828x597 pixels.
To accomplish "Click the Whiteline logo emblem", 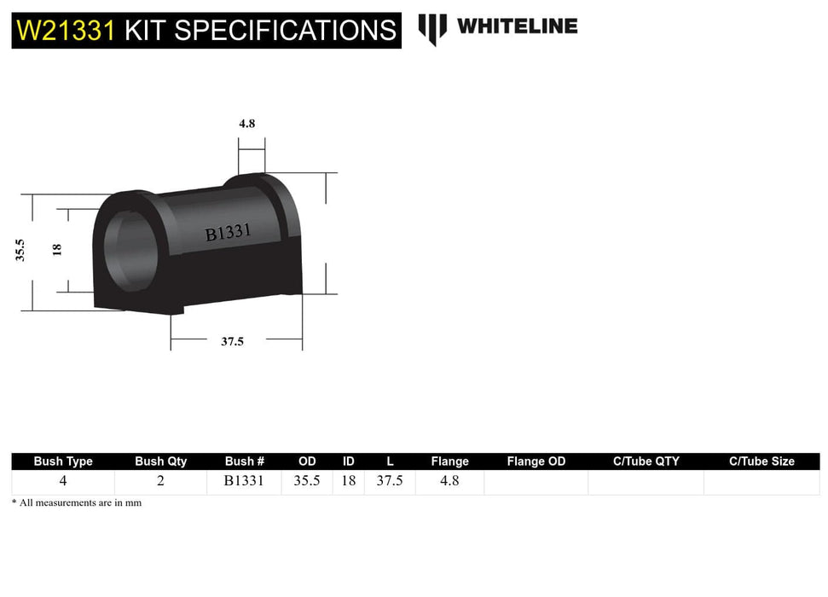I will [x=432, y=28].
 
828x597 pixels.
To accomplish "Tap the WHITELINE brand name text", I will [x=517, y=26].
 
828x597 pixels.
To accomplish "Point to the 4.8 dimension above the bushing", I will [x=247, y=123].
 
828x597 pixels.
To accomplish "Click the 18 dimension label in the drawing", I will [x=57, y=249].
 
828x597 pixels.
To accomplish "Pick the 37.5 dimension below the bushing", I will [x=232, y=341].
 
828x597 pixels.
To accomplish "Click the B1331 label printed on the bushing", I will [x=228, y=232].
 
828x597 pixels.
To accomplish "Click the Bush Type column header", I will [x=63, y=461].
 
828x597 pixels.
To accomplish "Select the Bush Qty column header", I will [x=160, y=461].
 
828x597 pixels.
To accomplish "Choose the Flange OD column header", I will [x=536, y=461].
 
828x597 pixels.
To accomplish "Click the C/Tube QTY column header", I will [x=646, y=461].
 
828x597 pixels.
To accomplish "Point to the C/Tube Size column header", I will [x=761, y=461].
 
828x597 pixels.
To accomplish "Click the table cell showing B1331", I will [x=244, y=481].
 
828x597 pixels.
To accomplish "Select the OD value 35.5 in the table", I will [x=306, y=481].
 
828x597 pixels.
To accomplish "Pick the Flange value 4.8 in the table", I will [x=449, y=481].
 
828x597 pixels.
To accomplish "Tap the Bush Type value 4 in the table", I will [x=63, y=481].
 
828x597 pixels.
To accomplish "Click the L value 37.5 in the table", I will [x=390, y=481].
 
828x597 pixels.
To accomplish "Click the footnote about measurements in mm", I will [x=77, y=503].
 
